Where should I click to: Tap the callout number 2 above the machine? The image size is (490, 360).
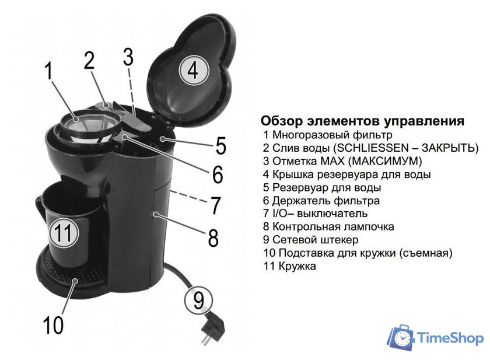pyautogui.click(x=89, y=60)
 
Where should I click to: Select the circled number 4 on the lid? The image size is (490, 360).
pyautogui.click(x=193, y=71)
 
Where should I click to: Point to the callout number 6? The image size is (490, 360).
pyautogui.click(x=218, y=174)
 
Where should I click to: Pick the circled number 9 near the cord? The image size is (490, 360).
pyautogui.click(x=199, y=300)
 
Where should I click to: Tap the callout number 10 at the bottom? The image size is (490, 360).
pyautogui.click(x=53, y=324)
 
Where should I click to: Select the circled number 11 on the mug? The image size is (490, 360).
pyautogui.click(x=63, y=234)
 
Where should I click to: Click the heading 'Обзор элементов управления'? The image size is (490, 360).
pyautogui.click(x=362, y=121)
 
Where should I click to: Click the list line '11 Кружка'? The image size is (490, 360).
pyautogui.click(x=290, y=266)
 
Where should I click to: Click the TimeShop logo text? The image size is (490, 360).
pyautogui.click(x=450, y=338)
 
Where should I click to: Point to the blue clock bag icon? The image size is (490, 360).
pyautogui.click(x=401, y=338)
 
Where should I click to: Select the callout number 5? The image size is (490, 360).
pyautogui.click(x=220, y=145)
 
